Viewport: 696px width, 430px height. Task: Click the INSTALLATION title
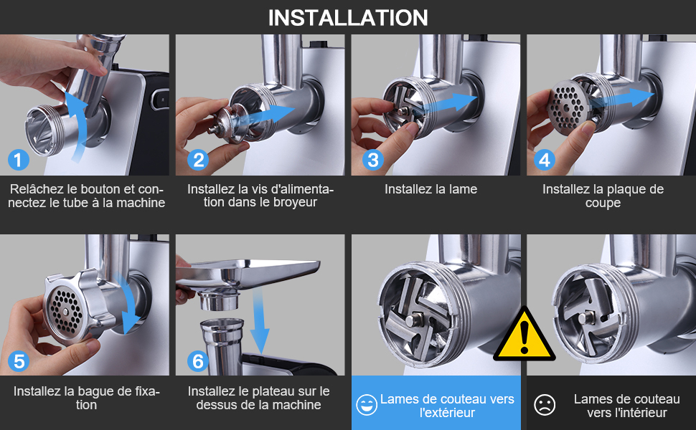(x=348, y=18)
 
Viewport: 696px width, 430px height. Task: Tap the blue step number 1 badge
(x=19, y=160)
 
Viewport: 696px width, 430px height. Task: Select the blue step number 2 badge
(x=198, y=160)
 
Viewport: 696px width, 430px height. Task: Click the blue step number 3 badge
(x=373, y=160)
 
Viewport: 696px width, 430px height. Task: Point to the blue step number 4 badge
(x=545, y=160)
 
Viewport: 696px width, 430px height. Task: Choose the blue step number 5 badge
(x=19, y=361)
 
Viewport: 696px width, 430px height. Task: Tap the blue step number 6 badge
(x=198, y=361)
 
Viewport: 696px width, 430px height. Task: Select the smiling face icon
(x=367, y=405)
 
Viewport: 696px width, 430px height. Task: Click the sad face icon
(x=545, y=405)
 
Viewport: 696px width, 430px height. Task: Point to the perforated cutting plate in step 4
(x=568, y=107)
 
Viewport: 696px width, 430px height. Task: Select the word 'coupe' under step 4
(x=603, y=203)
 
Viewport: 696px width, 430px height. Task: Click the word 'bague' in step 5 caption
(x=93, y=392)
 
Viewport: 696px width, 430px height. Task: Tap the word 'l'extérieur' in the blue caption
(x=447, y=413)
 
